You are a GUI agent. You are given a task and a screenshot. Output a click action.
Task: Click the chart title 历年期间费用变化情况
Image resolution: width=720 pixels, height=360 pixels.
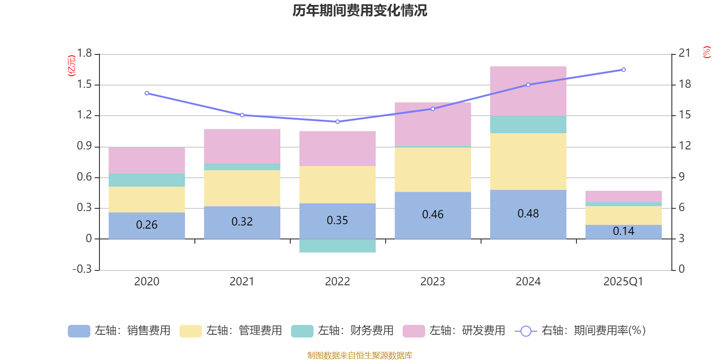coord(360,10)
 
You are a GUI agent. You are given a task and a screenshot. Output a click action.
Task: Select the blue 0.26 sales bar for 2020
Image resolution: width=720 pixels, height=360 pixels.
coord(147,225)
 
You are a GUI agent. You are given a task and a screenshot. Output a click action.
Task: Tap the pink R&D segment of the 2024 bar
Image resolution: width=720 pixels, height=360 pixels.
coord(528,91)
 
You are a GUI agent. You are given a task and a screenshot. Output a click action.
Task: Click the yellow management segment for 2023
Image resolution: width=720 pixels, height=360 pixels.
coord(432,170)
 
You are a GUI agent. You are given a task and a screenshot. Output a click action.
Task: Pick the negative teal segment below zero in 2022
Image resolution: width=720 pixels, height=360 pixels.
coord(337,246)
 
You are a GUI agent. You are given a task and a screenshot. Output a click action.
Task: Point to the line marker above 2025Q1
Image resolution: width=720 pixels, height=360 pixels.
coord(623,70)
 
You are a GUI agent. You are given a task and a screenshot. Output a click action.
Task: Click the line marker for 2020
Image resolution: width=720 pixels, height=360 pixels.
coord(147,93)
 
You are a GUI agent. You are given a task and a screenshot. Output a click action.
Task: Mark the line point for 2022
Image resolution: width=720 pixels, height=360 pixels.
coord(337,121)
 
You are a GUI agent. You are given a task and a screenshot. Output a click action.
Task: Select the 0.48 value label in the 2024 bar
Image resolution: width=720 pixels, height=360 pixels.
coord(528,214)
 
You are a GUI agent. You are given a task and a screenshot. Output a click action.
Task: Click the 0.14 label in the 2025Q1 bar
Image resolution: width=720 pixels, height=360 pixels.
coord(623,231)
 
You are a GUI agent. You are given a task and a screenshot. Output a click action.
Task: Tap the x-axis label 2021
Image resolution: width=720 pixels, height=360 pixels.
coord(242,282)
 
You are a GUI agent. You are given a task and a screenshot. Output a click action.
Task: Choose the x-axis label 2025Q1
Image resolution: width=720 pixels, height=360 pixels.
coord(623,282)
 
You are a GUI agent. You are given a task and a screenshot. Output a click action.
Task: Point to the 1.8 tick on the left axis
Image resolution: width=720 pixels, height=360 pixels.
coord(84,54)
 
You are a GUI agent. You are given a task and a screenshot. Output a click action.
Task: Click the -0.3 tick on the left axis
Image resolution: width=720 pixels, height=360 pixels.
coord(82,269)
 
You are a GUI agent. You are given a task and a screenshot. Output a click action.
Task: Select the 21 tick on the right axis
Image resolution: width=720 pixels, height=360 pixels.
coord(684,53)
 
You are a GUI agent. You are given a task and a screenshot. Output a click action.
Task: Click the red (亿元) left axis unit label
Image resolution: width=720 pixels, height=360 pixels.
coord(72,66)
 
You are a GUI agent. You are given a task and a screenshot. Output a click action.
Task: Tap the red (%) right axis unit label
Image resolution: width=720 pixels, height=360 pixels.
coord(707,52)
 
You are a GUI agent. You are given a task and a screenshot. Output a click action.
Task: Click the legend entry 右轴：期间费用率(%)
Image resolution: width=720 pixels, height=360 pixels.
coord(580,331)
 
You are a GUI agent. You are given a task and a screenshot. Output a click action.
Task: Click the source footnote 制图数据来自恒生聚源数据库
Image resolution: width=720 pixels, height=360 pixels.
coord(360,355)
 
